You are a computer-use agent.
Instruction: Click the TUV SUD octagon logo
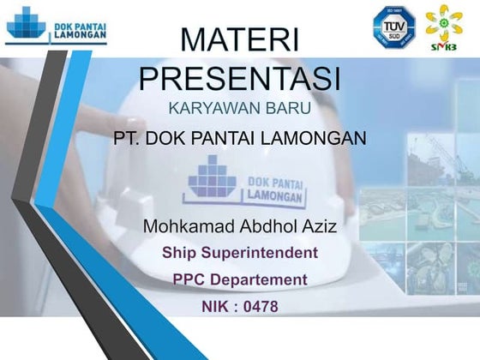click(x=393, y=26)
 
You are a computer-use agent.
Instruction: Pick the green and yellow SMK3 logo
click(x=444, y=26)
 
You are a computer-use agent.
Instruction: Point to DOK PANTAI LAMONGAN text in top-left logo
click(x=80, y=32)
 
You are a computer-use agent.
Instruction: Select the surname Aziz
click(x=316, y=227)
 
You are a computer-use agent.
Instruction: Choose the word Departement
click(x=260, y=279)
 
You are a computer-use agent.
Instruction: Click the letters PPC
click(x=190, y=279)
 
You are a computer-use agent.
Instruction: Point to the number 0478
click(x=260, y=306)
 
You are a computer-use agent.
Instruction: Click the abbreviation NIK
click(x=217, y=306)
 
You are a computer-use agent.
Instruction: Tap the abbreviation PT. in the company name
click(x=128, y=137)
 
